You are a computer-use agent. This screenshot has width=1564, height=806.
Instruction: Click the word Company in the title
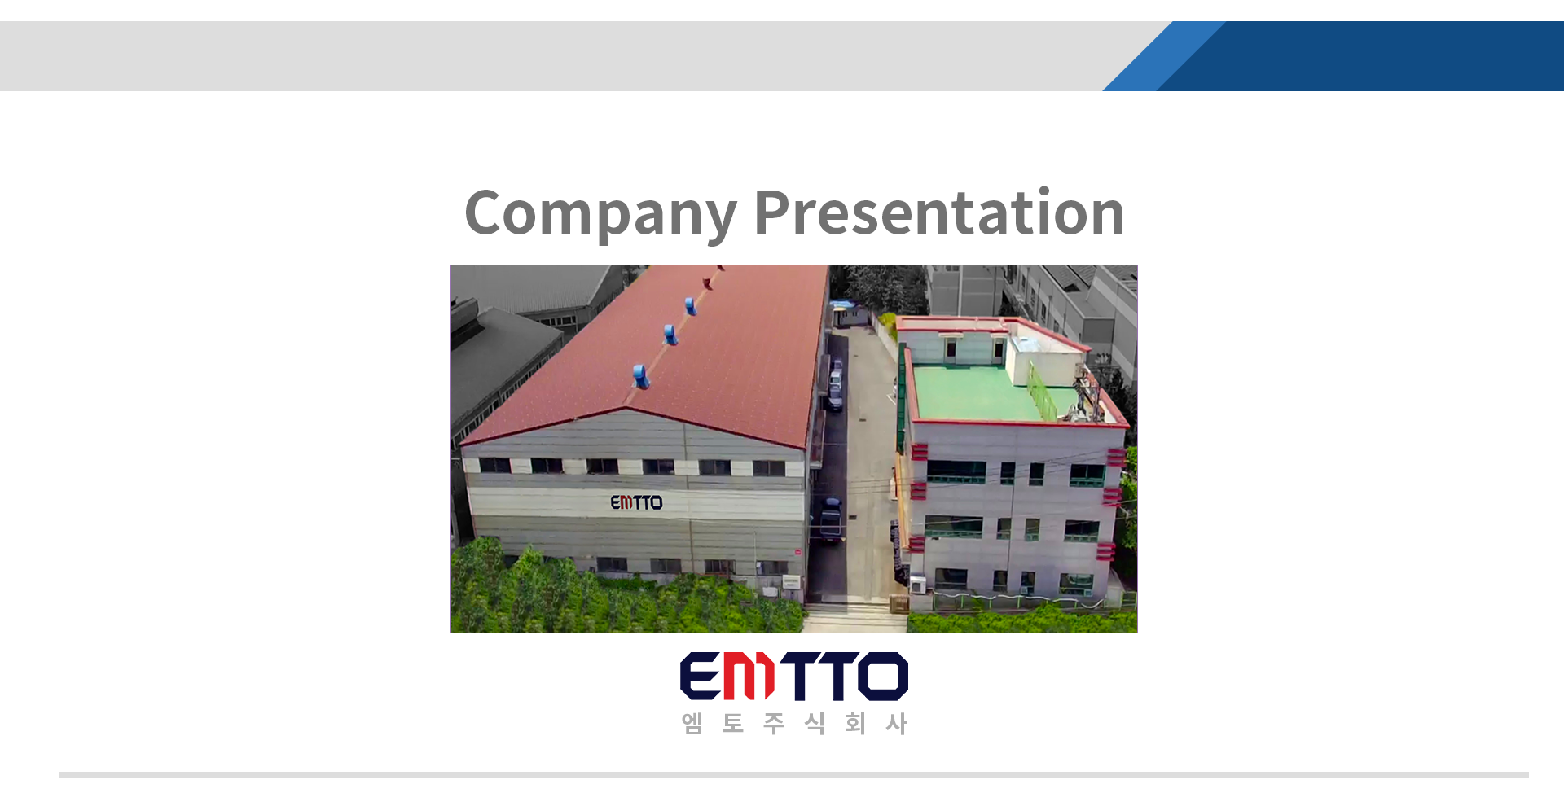(x=601, y=213)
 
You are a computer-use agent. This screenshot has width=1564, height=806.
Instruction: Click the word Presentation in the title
(x=939, y=212)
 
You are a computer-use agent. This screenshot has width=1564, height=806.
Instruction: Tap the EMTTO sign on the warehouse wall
(x=636, y=502)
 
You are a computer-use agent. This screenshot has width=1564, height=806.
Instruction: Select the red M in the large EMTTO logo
(x=749, y=676)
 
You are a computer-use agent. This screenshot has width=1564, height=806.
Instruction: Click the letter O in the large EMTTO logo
(x=882, y=676)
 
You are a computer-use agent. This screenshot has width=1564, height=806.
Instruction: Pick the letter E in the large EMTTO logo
(x=701, y=676)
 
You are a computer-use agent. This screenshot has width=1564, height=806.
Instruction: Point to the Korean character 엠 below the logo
(x=692, y=723)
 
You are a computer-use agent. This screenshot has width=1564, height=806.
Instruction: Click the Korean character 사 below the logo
(x=896, y=723)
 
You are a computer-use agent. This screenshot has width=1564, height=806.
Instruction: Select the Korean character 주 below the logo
(x=774, y=723)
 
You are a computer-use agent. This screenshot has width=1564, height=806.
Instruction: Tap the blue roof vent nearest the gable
(x=642, y=376)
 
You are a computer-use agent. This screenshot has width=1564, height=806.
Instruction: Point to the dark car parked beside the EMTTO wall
(x=830, y=519)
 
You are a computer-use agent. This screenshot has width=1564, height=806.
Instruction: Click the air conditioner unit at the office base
(x=917, y=584)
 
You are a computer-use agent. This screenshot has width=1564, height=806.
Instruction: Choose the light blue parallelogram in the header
(x=1163, y=56)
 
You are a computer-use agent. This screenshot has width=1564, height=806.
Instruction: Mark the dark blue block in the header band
(x=1360, y=56)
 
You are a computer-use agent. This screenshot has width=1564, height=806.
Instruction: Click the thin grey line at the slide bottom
(x=794, y=775)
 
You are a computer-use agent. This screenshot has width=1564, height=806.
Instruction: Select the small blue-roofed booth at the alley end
(x=841, y=313)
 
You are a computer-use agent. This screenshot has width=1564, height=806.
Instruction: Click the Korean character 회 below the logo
(x=855, y=723)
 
